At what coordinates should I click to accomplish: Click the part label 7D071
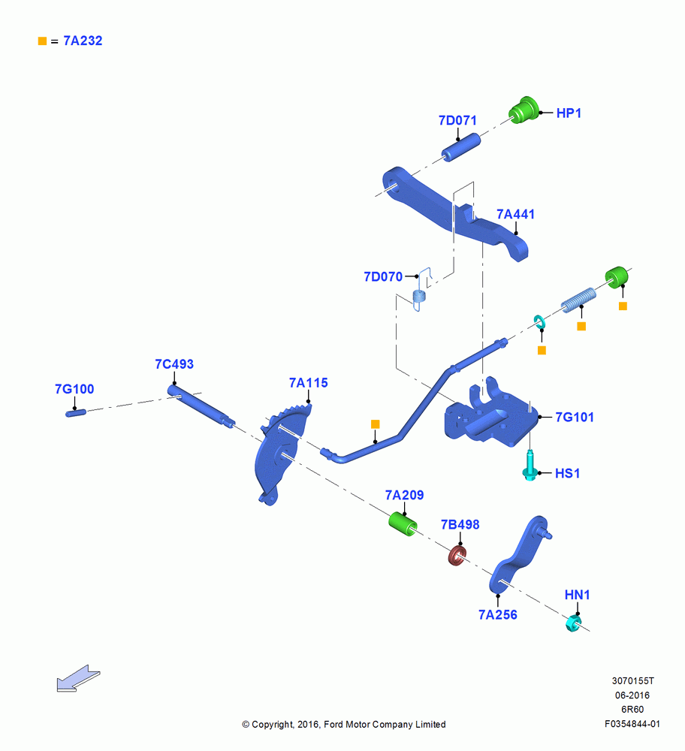coord(457,120)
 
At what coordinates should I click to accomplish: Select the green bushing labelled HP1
coord(524,110)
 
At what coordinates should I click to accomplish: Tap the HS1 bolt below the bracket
coord(530,465)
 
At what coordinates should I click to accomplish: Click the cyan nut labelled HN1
coord(573,623)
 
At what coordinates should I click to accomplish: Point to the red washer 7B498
coord(457,555)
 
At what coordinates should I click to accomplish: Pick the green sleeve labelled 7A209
coord(403,523)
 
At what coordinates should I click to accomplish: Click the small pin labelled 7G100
coord(76,412)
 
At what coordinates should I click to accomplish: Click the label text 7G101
coord(575,417)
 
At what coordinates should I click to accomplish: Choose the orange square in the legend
coord(42,41)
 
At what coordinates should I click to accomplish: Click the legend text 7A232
coord(83,41)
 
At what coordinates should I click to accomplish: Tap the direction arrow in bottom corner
coord(78,679)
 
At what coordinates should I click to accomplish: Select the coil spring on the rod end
coord(578,300)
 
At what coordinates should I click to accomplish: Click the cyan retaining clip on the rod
coord(540,322)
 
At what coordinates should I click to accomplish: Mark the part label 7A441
coord(515,214)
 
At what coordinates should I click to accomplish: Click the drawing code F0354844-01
coord(632,724)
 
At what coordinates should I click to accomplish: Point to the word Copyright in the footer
coord(272,724)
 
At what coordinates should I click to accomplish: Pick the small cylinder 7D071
coord(461,147)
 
